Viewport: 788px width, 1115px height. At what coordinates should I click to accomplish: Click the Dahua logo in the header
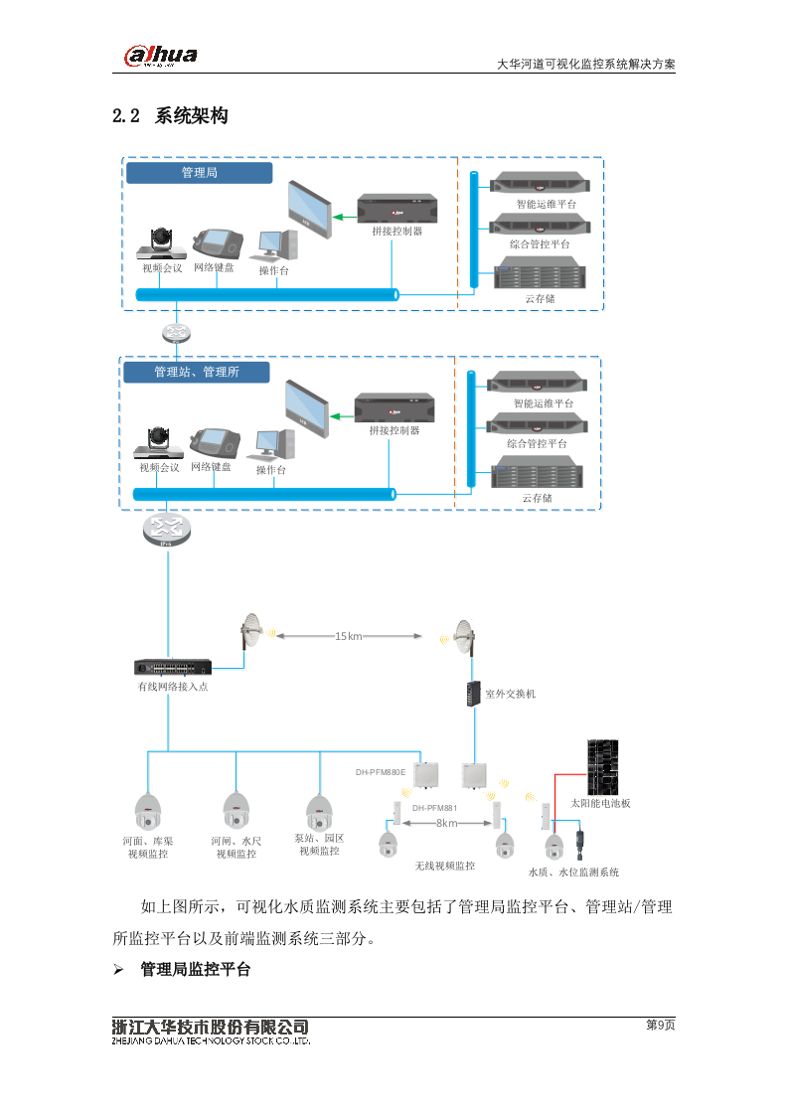(160, 57)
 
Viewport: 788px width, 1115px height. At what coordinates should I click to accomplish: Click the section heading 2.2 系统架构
(171, 116)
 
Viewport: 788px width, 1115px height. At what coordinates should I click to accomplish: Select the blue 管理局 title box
(199, 173)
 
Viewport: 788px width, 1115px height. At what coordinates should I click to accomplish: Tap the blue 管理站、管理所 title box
(196, 372)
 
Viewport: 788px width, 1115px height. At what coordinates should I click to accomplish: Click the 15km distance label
(348, 635)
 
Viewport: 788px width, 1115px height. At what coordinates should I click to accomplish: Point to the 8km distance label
(446, 823)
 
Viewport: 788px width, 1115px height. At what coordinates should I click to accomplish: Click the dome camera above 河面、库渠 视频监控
(148, 811)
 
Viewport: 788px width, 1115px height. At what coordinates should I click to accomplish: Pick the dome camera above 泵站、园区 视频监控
(319, 811)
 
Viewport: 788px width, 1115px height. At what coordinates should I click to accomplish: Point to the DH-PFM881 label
(434, 807)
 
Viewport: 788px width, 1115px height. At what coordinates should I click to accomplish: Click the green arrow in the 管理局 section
(343, 217)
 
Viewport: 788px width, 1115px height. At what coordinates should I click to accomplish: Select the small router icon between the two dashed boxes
(175, 333)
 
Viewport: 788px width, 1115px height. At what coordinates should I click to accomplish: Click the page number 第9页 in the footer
(660, 1026)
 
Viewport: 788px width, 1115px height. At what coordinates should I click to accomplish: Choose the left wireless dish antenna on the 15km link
(250, 633)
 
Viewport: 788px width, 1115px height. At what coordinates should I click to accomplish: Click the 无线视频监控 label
(444, 866)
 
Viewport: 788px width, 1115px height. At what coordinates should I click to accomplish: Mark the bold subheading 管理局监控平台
(195, 969)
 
